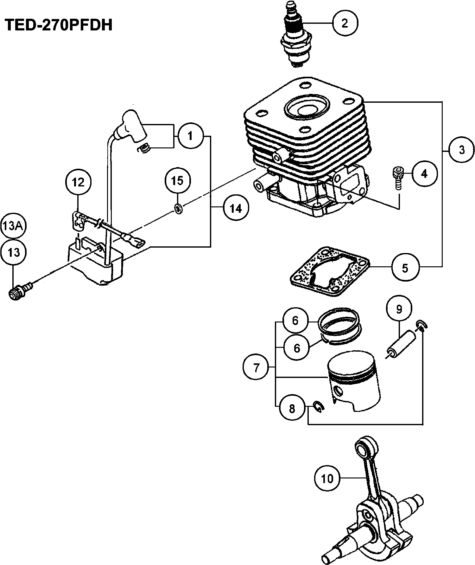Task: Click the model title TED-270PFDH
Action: coord(59,25)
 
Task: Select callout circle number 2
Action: coord(345,23)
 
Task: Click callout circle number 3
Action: coord(461,150)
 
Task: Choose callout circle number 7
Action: coord(256,368)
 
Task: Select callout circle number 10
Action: coord(327,478)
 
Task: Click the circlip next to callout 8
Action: coord(317,407)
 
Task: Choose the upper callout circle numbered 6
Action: coord(295,321)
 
